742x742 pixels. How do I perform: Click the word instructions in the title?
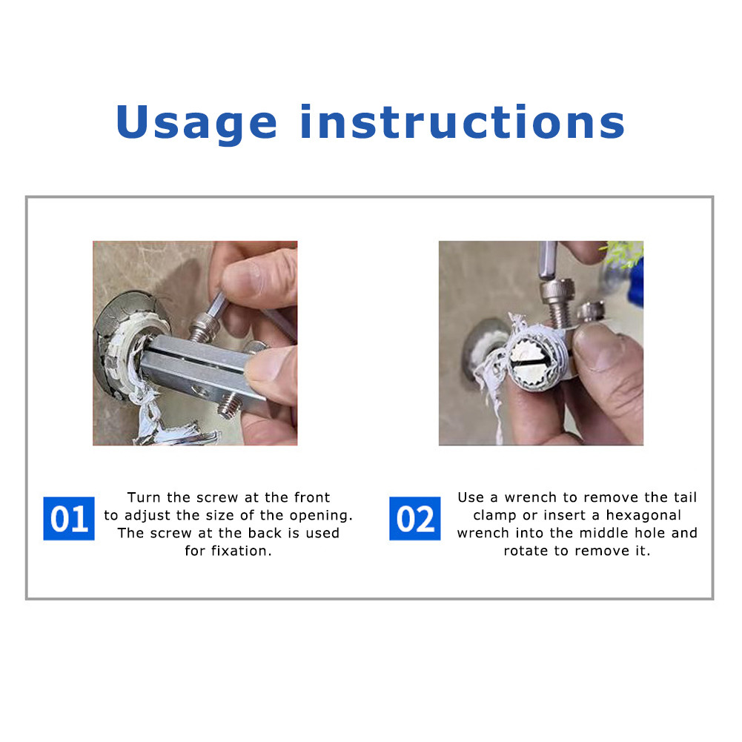[x=463, y=122]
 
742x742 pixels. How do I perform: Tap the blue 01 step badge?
[x=69, y=518]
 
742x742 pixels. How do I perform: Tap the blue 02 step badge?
[x=414, y=518]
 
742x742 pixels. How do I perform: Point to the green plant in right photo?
[x=622, y=254]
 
